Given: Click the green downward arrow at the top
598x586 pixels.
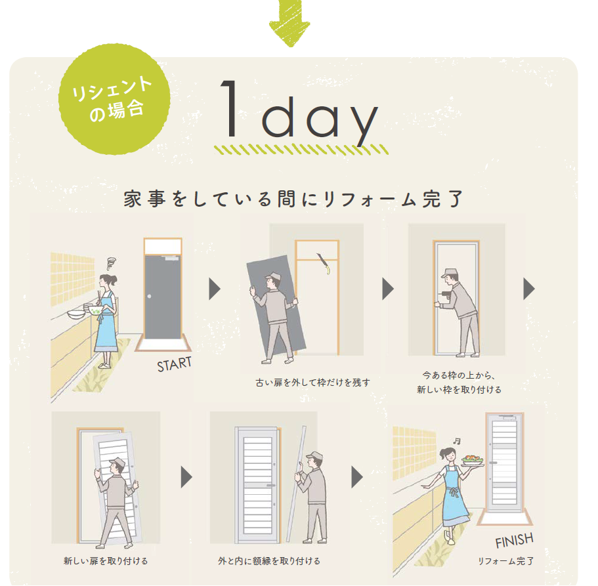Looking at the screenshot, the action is (x=289, y=23).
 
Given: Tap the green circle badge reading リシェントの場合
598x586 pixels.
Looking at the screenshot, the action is (x=114, y=100).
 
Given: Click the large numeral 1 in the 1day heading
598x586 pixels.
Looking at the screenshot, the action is (x=231, y=108).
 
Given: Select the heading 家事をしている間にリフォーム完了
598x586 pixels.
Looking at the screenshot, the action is (x=293, y=199).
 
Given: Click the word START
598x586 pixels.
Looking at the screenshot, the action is (x=175, y=364).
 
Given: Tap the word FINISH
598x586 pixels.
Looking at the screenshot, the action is (x=515, y=540).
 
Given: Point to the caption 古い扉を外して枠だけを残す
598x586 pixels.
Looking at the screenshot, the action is (x=312, y=383).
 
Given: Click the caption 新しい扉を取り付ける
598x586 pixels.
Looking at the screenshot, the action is (x=106, y=561).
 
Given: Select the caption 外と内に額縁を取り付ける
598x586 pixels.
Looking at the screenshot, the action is (x=269, y=561).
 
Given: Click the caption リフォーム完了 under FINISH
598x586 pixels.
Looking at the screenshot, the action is (x=505, y=561).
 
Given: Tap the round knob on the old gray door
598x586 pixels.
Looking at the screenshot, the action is (x=150, y=296).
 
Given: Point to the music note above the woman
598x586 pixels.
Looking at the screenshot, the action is (x=456, y=441).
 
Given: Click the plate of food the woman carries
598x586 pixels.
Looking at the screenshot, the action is (x=472, y=460).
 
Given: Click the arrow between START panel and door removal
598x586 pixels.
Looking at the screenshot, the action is (x=215, y=289).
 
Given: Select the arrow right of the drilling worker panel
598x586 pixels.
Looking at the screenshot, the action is (x=529, y=289).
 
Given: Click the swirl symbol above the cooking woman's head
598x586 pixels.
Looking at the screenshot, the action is (x=111, y=262).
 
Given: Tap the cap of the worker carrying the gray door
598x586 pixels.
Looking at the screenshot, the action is (x=273, y=276).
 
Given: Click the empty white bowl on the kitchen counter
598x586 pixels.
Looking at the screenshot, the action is (x=76, y=314).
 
